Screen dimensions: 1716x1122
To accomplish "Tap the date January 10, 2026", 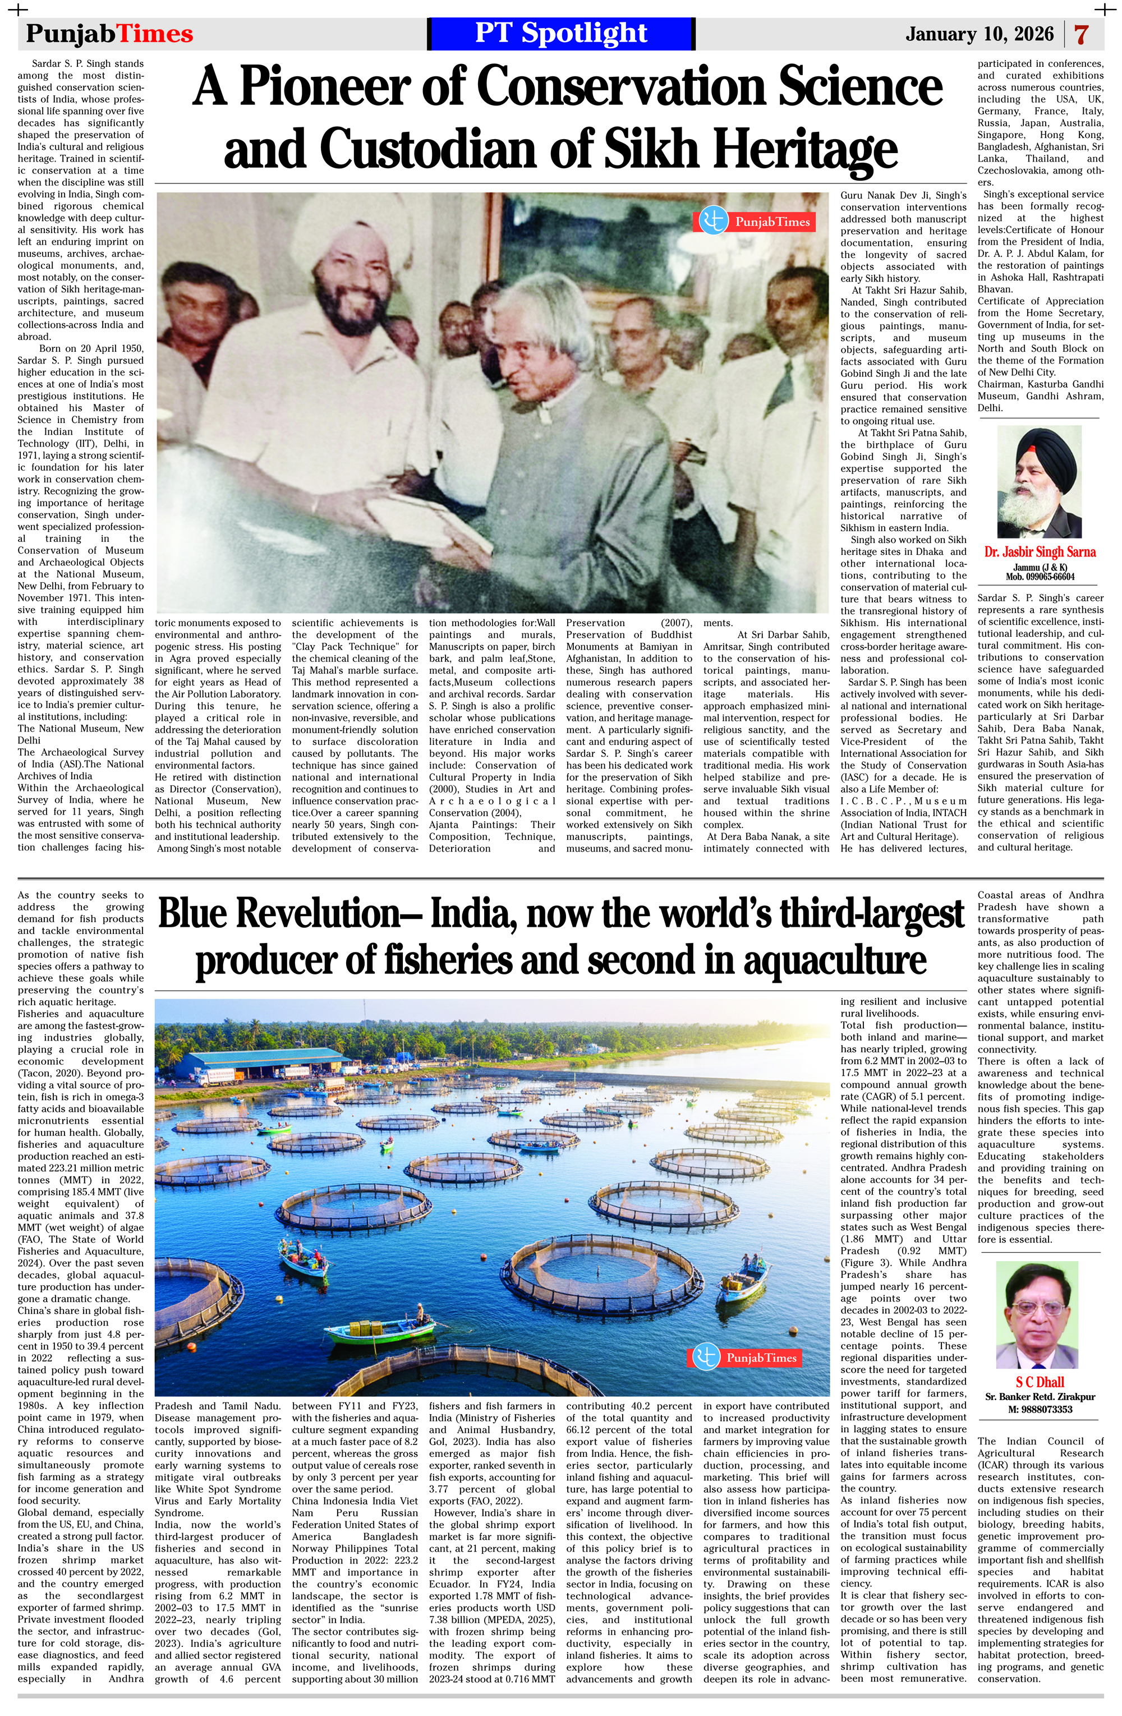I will (980, 34).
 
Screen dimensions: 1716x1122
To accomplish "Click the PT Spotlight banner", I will (561, 33).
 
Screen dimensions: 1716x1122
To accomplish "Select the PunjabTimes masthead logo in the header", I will (109, 34).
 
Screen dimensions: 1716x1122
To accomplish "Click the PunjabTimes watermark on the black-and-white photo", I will (754, 222).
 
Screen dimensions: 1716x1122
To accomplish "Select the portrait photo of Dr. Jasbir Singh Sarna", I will (1039, 482).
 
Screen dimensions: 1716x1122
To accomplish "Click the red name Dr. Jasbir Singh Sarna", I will (1040, 551).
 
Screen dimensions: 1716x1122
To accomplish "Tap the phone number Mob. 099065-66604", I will (1040, 577).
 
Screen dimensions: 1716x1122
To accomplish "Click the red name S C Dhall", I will (1039, 1382).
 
